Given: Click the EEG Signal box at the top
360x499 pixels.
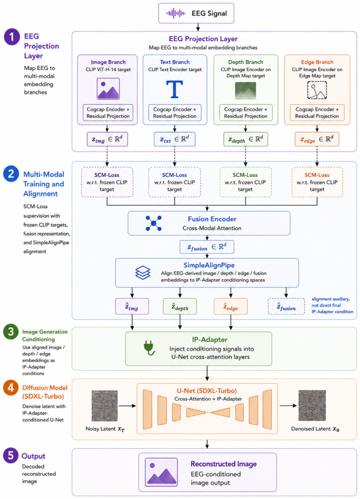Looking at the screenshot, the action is tap(196, 13).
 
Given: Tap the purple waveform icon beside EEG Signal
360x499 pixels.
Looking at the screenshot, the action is tap(175, 13).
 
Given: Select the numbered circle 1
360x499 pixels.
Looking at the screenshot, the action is tap(12, 37).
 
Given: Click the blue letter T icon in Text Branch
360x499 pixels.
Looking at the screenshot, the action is tap(175, 89).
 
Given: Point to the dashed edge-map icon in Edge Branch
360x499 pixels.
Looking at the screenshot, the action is tap(317, 90).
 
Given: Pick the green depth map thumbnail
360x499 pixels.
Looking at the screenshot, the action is tap(245, 91).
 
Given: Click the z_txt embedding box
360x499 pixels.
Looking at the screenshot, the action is tap(175, 139).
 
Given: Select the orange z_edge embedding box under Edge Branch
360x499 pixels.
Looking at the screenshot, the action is tap(317, 139).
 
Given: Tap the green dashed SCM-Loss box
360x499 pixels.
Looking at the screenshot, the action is tap(245, 182).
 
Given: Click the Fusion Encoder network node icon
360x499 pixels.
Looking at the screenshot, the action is tap(154, 223).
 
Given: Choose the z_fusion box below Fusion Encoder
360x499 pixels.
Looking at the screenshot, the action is tap(207, 247).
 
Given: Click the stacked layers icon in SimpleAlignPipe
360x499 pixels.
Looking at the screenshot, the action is tap(143, 273).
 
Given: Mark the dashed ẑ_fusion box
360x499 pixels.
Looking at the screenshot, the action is tap(286, 306).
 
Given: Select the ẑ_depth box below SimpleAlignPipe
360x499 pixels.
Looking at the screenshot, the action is tap(180, 306).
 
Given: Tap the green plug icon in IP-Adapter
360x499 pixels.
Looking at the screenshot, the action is tap(149, 347).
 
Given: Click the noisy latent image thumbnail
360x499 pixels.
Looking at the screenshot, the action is tap(105, 406).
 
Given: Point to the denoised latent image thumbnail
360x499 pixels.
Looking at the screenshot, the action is tap(312, 406).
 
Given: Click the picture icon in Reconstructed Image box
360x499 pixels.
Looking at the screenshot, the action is tap(161, 472).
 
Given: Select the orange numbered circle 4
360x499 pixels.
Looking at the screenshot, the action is tap(11, 387).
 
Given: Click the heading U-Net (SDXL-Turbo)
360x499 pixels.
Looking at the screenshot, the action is tap(207, 391).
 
